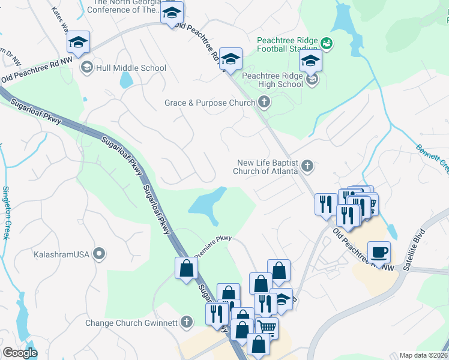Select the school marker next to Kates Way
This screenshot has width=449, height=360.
78,43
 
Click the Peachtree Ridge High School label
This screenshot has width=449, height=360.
273,80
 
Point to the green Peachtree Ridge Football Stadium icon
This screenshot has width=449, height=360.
327,43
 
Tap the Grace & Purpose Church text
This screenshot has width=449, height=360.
209,103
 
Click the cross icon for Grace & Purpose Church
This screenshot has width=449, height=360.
264,103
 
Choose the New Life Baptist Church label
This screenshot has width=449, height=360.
267,167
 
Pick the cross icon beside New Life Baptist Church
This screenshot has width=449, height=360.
307,165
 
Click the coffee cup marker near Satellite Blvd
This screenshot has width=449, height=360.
378,252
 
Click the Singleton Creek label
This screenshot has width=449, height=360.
7,212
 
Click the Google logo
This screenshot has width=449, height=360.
20,353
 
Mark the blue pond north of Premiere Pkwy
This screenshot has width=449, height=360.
206,202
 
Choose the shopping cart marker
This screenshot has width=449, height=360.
267,328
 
